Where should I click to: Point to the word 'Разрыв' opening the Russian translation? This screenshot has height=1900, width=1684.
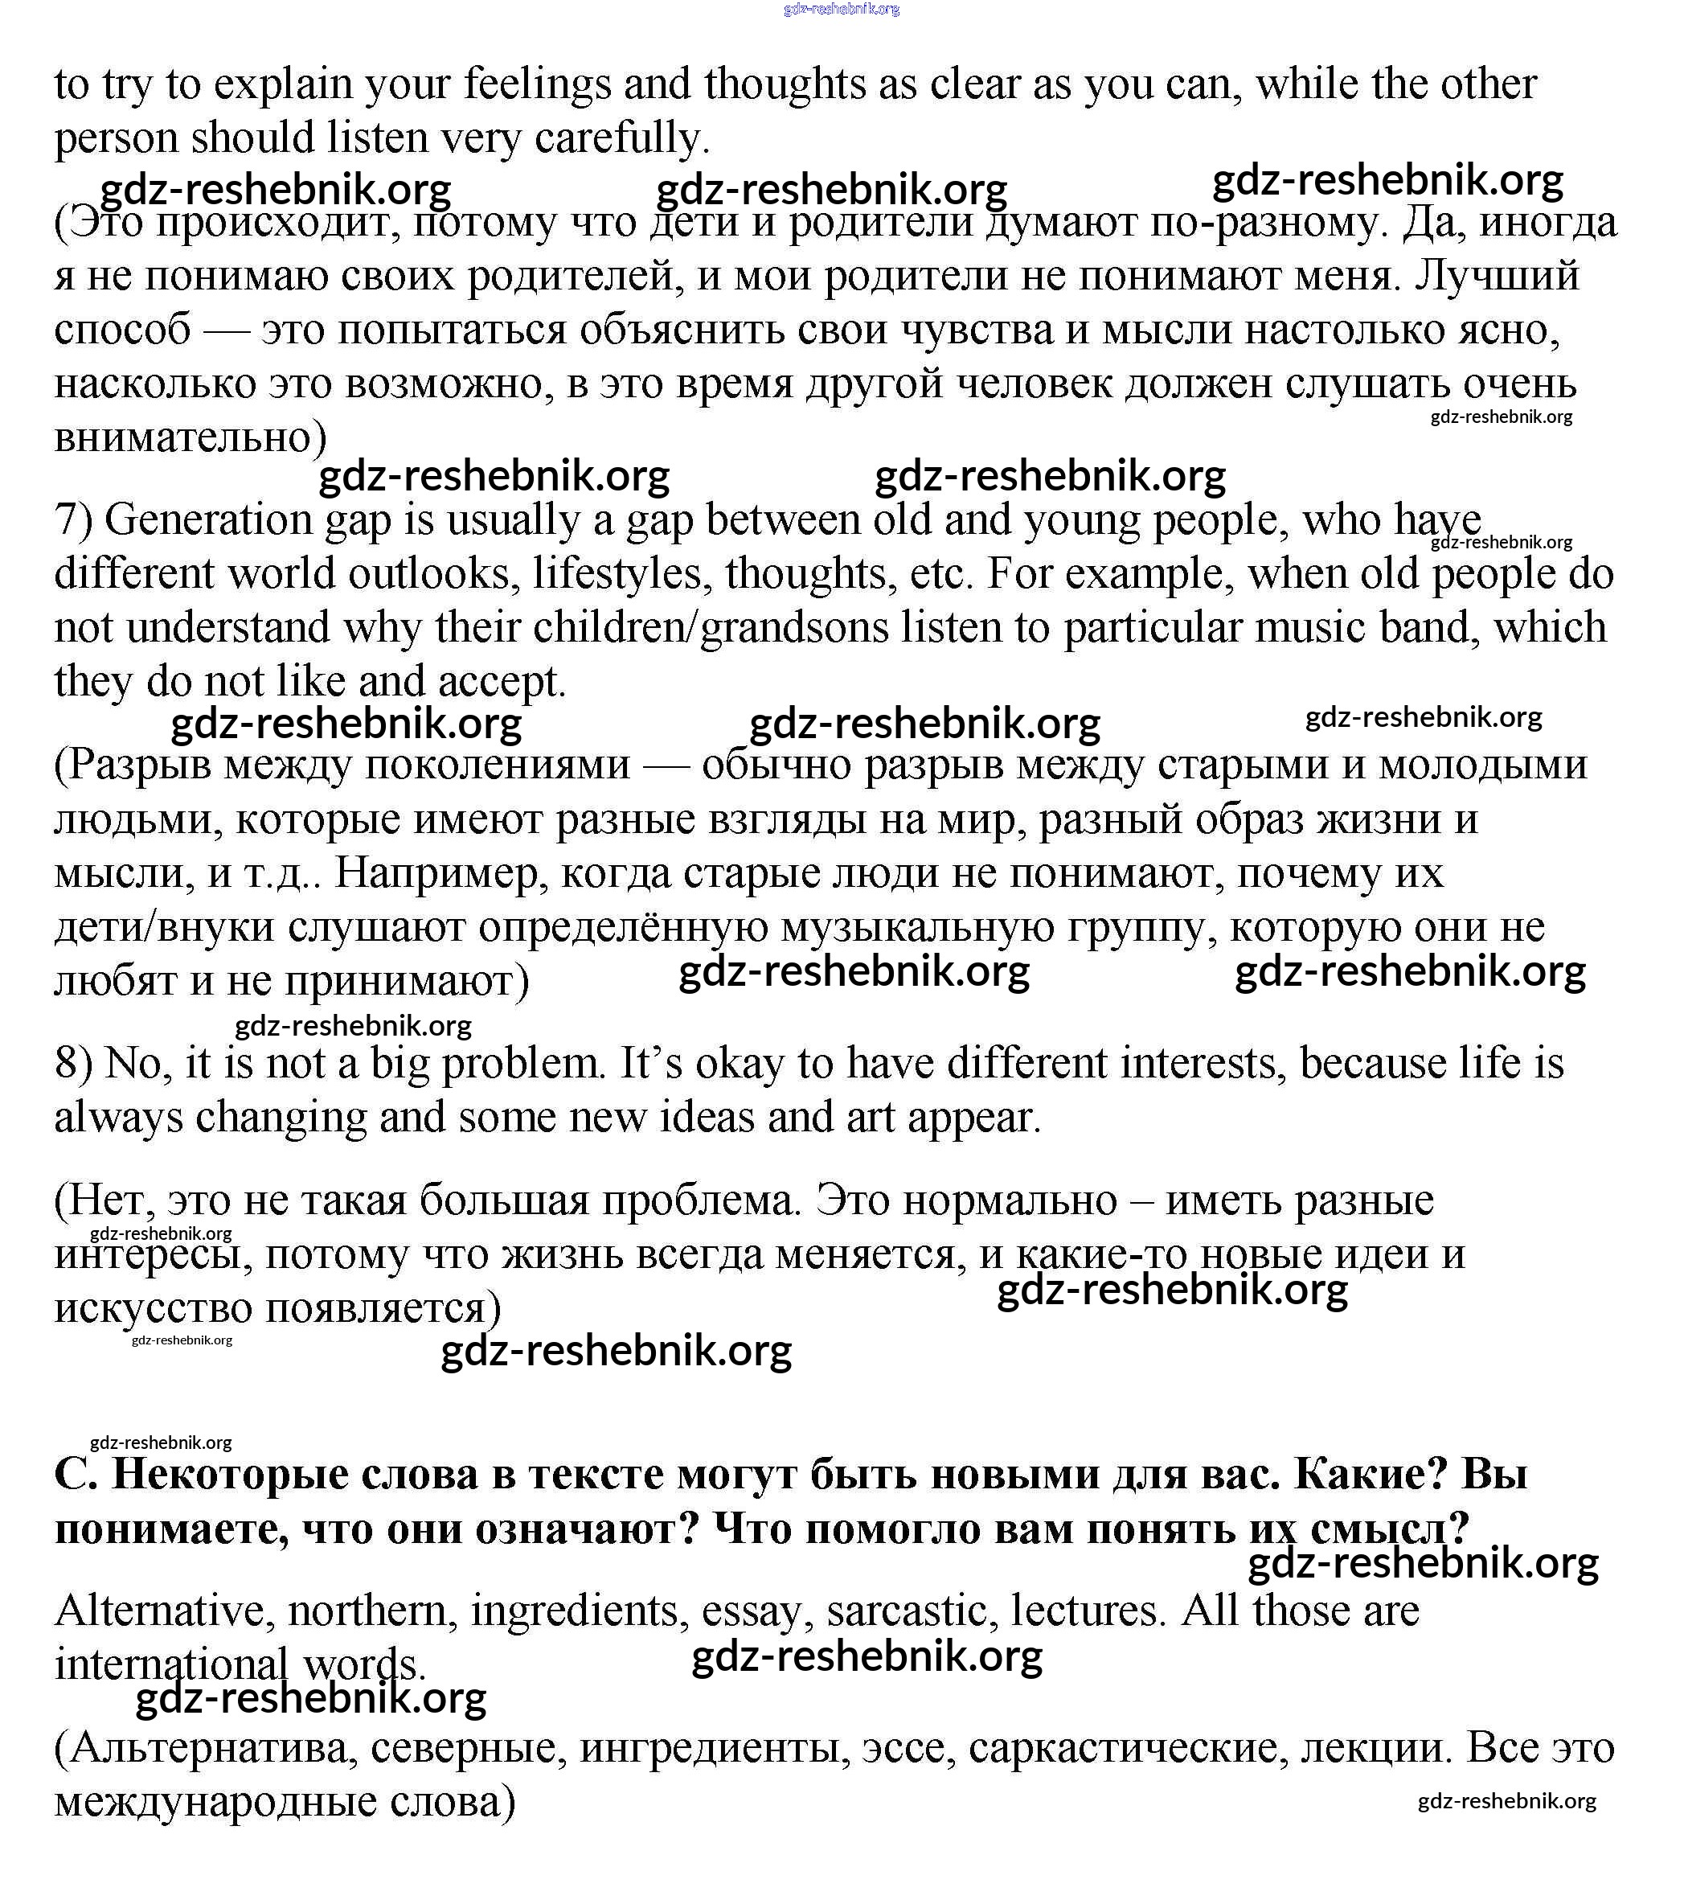coord(137,765)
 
